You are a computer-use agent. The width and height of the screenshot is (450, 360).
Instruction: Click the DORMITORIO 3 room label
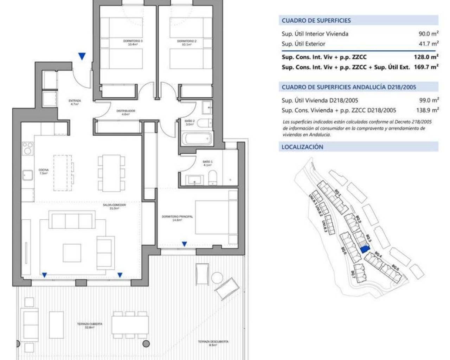tap(133, 43)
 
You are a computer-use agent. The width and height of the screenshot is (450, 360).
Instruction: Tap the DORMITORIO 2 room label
tap(187, 43)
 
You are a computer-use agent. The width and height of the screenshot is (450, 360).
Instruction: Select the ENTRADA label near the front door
tap(75, 102)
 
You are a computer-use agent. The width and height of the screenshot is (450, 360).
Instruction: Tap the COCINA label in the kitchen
tap(44, 172)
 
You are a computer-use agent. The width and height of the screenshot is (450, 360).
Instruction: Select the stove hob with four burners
tap(28, 148)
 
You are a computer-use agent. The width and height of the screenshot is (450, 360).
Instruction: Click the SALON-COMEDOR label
tap(114, 206)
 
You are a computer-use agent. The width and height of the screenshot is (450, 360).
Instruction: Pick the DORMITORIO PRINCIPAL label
tap(177, 218)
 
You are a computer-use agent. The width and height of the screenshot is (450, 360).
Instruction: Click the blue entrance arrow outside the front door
tap(82, 56)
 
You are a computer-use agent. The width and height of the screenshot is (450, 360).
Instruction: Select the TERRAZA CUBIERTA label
tap(90, 325)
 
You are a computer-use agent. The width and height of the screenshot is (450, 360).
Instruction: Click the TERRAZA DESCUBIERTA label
tap(213, 343)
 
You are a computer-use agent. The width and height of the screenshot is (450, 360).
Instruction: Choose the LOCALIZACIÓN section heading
tap(302, 147)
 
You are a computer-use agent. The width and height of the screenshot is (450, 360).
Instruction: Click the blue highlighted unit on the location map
tap(365, 249)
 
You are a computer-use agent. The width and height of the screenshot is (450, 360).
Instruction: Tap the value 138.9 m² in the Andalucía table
tap(427, 110)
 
